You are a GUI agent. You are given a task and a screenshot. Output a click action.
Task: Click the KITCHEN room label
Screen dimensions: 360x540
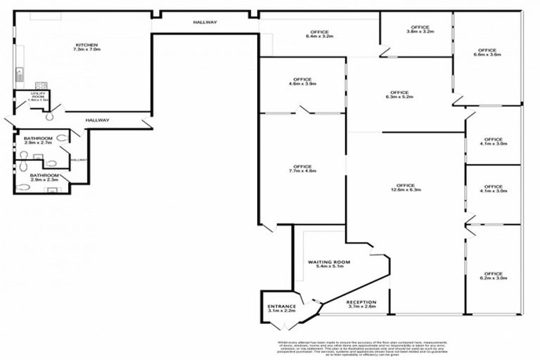[86, 45]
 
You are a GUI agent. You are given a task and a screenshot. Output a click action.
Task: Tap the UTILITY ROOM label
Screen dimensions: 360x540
[37, 96]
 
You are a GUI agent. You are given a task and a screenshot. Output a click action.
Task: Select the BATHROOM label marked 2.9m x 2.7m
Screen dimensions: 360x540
[38, 139]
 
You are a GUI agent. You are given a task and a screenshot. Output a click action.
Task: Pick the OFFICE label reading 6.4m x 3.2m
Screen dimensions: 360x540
[319, 32]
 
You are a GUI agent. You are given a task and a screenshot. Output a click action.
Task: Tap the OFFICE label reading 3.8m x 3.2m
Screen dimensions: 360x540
[420, 27]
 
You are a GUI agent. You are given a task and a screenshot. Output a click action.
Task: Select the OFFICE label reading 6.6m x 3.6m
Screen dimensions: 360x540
[487, 51]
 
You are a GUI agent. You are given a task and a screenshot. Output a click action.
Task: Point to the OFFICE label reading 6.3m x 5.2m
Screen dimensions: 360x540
[398, 94]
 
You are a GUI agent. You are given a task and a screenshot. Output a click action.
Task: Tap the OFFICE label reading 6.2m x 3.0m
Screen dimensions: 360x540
[493, 274]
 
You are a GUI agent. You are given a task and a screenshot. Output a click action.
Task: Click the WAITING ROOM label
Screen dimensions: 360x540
[328, 262]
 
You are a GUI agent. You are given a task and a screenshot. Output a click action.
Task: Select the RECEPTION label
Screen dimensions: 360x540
[361, 303]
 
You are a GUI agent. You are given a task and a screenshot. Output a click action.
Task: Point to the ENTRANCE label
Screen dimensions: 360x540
[281, 307]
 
